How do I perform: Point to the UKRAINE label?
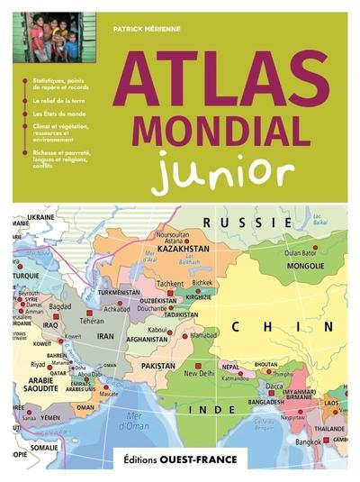click(x=41, y=217)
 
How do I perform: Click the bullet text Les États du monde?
click(x=58, y=114)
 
